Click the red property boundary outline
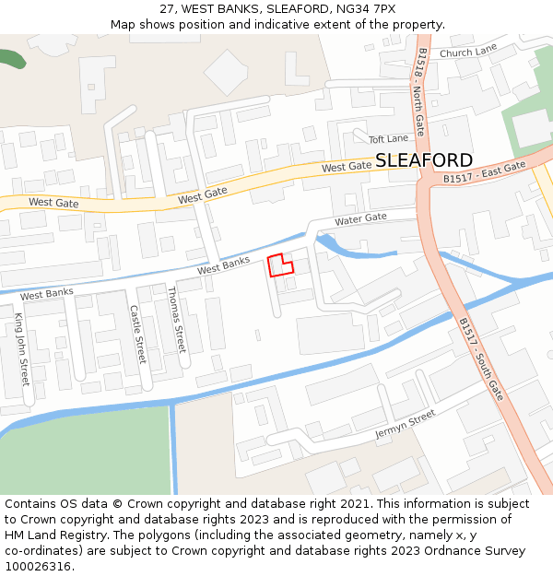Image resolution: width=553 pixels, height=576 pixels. point(280,265)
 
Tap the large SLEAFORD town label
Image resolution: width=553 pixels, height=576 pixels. point(424,159)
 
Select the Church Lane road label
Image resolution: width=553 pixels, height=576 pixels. point(468,53)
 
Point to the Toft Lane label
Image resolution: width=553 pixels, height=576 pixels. point(388,139)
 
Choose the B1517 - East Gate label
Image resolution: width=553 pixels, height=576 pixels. point(484,172)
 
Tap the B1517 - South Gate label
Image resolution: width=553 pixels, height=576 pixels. point(481,359)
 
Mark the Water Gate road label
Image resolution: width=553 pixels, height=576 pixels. point(360,218)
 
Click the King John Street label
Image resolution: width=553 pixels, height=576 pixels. point(21,349)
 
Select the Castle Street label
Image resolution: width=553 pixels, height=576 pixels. point(137,335)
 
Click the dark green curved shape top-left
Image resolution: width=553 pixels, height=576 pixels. point(11,57)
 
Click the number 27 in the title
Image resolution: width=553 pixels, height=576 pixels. point(167,8)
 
